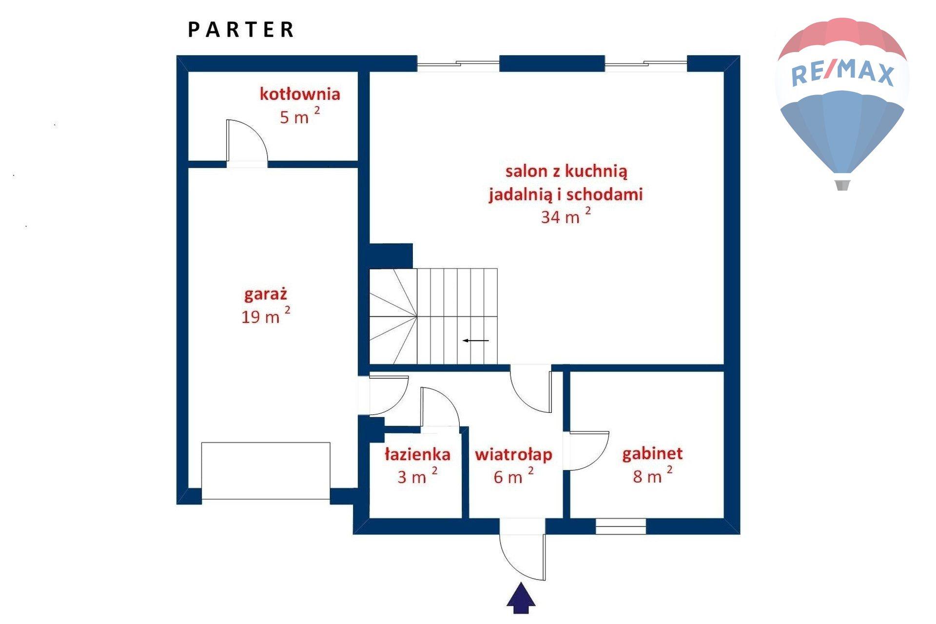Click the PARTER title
coord(241,30)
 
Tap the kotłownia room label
coord(299,94)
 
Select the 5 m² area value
coord(299,116)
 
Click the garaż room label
coord(266,295)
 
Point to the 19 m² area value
coord(266,315)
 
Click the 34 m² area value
coord(565,215)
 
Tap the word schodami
coord(604,194)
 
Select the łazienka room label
coord(417,454)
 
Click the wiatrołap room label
coord(513,454)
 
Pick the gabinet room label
coord(652,454)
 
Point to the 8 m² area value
coord(652,475)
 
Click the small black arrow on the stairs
coord(475,340)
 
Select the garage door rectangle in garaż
coord(266,471)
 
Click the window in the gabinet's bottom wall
coord(621,526)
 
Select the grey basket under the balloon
coord(842,185)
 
